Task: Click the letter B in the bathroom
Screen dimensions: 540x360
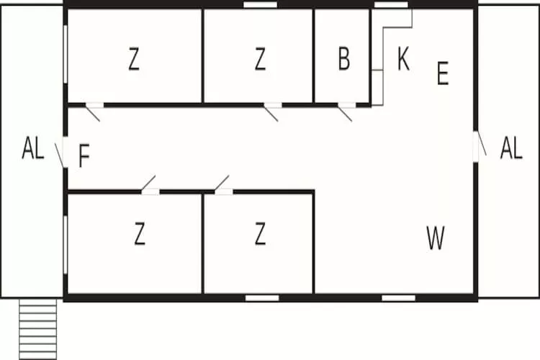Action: point(344,59)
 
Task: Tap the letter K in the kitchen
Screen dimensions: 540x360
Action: point(403,59)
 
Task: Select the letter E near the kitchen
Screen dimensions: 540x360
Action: point(443,73)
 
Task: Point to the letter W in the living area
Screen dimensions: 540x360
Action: point(436,238)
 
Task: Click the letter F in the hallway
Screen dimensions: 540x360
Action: point(84,156)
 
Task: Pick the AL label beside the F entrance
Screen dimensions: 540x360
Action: point(33,148)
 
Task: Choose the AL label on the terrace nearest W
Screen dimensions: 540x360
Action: point(511,148)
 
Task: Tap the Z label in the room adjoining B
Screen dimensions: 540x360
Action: point(260,59)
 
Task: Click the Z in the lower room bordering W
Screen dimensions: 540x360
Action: point(260,233)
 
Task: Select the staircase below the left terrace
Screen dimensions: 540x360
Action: point(38,329)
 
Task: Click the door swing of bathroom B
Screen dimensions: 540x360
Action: point(345,114)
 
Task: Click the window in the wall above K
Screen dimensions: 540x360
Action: point(391,4)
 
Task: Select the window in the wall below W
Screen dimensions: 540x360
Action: point(398,298)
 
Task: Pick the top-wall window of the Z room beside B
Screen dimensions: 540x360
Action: point(261,4)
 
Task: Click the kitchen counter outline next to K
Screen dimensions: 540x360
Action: point(392,57)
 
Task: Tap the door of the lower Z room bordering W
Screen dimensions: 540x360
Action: point(222,183)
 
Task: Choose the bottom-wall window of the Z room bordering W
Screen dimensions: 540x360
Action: point(262,298)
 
